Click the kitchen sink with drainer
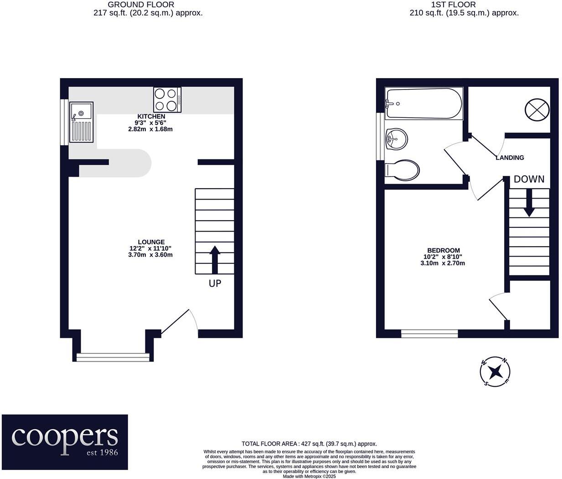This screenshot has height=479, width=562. (81, 122)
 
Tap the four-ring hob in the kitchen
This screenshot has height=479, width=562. (167, 100)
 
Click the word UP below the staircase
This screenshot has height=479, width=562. (215, 284)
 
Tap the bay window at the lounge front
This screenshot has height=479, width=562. (113, 357)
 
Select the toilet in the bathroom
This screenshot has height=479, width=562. (402, 170)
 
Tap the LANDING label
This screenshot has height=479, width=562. (510, 158)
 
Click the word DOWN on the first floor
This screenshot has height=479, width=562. (529, 179)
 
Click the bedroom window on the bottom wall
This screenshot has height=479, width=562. (429, 334)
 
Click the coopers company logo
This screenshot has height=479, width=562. (65, 442)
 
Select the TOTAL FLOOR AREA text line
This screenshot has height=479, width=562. (309, 443)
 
